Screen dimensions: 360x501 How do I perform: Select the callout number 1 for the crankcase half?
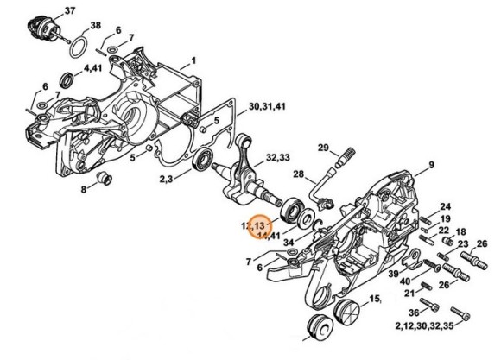click(194, 60)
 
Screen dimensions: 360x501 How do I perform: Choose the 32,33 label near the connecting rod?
click(277, 158)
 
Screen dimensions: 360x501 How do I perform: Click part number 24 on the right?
click(447, 206)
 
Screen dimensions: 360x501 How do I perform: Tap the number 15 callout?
click(375, 299)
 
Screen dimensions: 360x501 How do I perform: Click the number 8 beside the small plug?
click(85, 189)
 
